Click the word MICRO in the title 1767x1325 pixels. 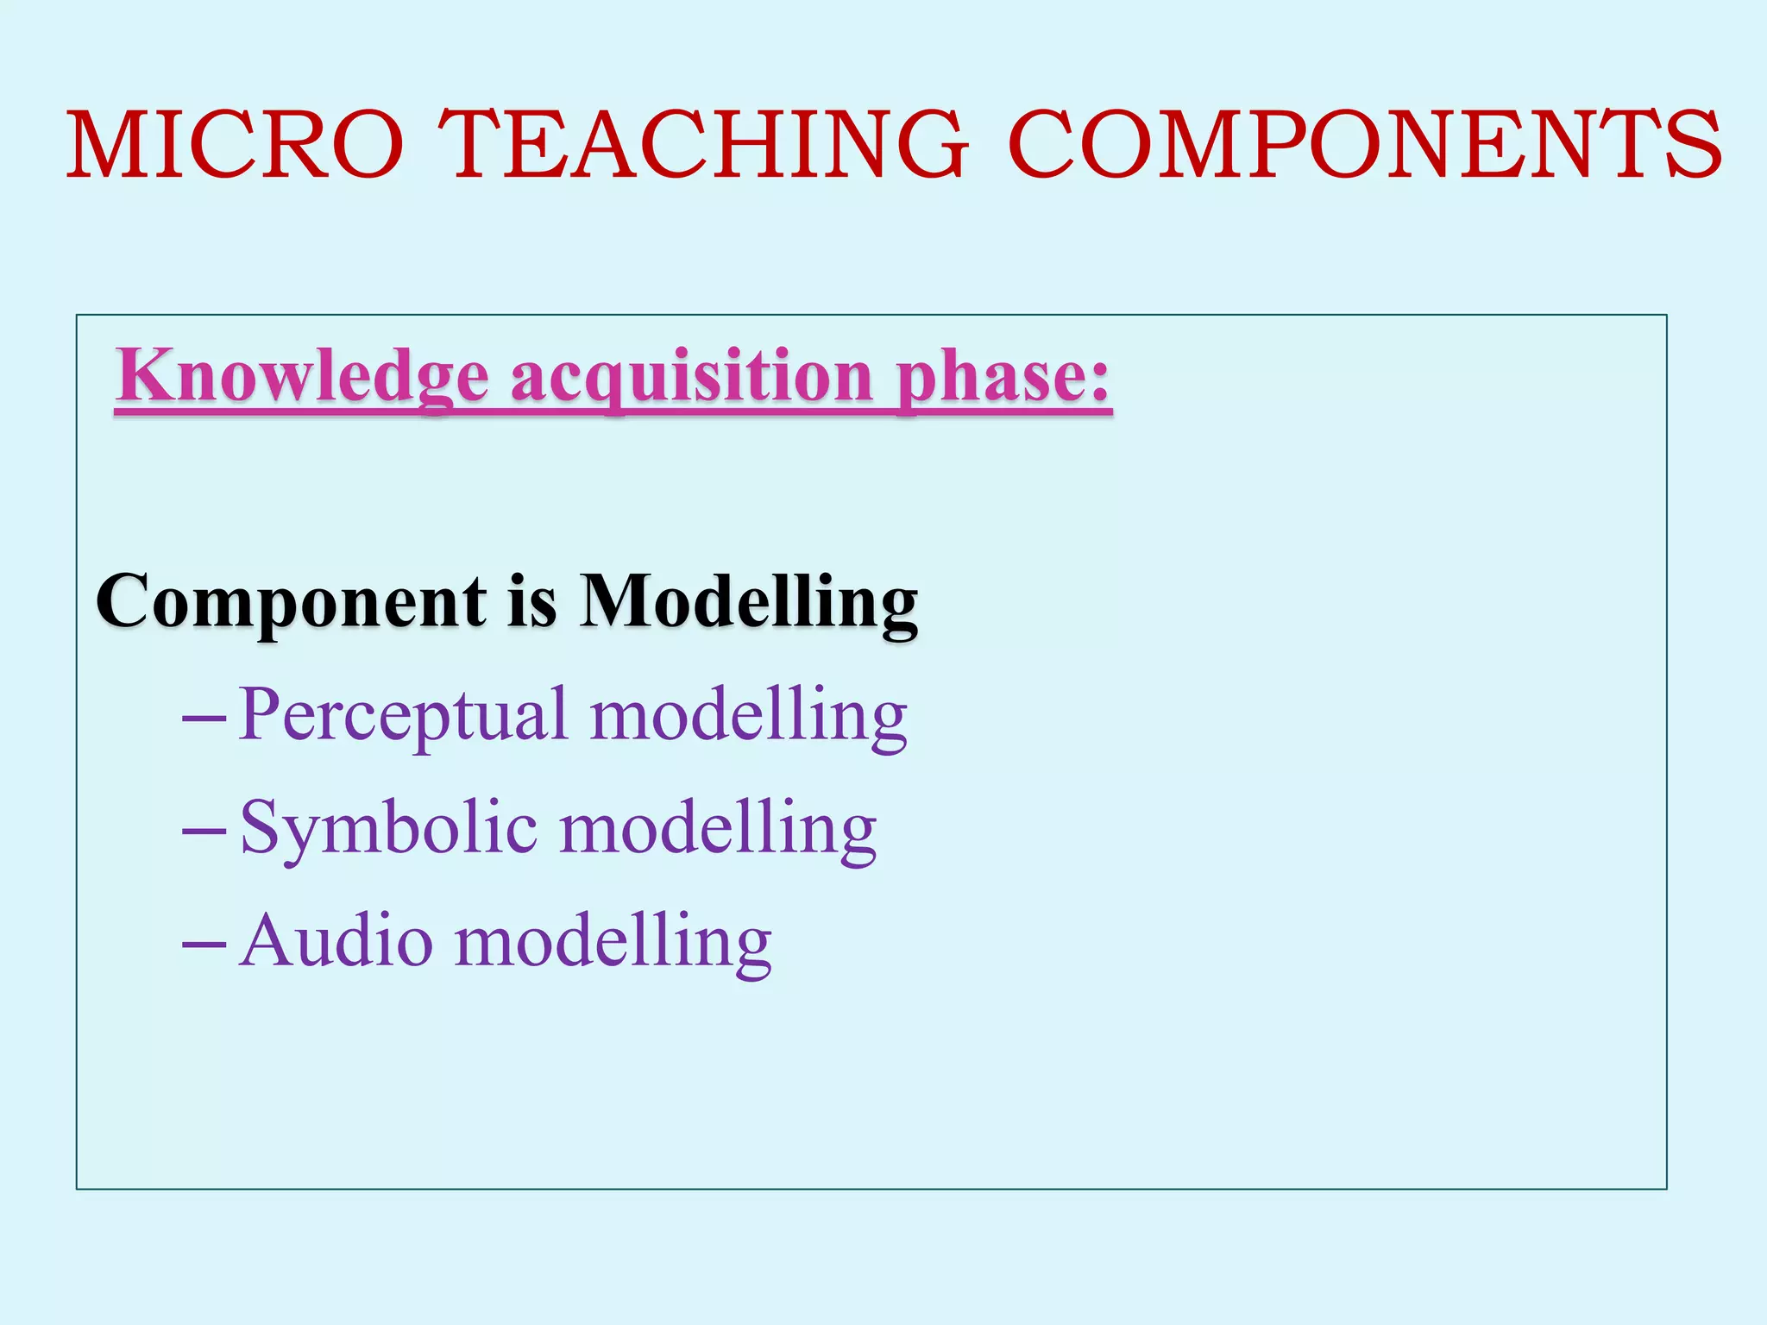tap(236, 145)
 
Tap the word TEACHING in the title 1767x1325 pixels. tap(703, 145)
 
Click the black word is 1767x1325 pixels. tap(532, 602)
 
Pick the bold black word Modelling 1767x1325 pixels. tap(748, 602)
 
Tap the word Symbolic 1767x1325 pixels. tap(389, 828)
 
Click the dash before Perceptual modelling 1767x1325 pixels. tap(204, 718)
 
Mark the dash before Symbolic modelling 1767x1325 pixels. tap(204, 831)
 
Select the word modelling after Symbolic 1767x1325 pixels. tap(718, 828)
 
